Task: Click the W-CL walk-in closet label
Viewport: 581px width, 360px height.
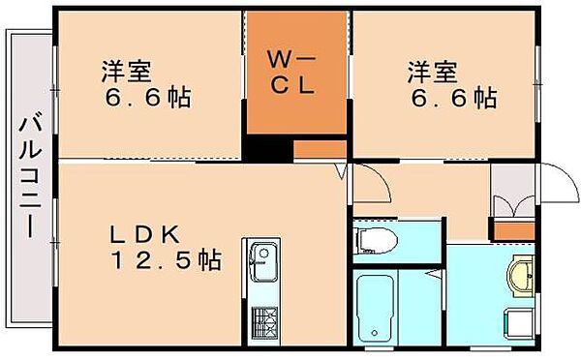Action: (290, 73)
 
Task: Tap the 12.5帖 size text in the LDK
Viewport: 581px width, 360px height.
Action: (167, 259)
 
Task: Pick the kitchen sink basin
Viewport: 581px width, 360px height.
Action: (262, 256)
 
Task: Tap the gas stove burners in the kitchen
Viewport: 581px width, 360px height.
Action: (262, 320)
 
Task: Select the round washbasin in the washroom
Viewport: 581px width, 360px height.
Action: (522, 276)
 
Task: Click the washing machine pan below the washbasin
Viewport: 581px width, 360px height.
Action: (517, 321)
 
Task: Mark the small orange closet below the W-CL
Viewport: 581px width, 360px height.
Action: (320, 150)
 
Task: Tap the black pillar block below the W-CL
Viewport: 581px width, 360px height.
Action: (266, 150)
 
